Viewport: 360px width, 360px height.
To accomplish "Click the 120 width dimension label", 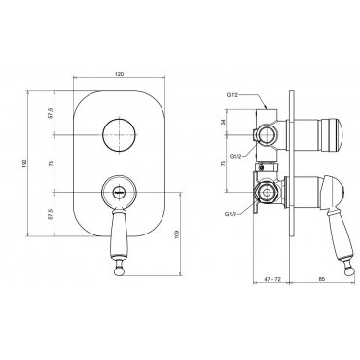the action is pyautogui.click(x=120, y=74).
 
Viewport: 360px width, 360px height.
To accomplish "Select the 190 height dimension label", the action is pyautogui.click(x=24, y=163).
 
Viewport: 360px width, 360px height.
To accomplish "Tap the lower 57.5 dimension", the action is pyautogui.click(x=50, y=214).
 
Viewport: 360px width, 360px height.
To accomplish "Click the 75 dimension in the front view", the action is pyautogui.click(x=50, y=163).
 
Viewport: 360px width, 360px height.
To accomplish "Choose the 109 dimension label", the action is pyautogui.click(x=176, y=234).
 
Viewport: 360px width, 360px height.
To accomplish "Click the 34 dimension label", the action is pyautogui.click(x=223, y=123).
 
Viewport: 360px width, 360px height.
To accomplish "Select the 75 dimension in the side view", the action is pyautogui.click(x=223, y=163).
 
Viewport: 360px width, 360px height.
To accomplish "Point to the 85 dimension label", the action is pyautogui.click(x=321, y=279).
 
